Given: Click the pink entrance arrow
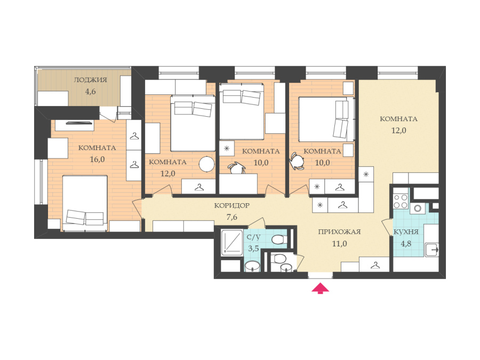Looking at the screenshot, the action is tap(320, 289).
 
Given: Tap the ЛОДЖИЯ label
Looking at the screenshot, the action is tap(90, 80).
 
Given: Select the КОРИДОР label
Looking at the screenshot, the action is tap(232, 206).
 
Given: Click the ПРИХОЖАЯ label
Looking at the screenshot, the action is tap(339, 232).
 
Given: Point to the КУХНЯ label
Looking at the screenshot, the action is tap(406, 232).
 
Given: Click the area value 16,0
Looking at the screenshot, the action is tap(98, 159).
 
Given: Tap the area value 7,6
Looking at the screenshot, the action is tap(232, 218).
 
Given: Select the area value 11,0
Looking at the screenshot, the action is tap(340, 244).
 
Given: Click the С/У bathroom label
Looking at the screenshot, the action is tap(253, 237).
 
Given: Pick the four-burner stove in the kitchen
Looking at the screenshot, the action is tap(401, 201).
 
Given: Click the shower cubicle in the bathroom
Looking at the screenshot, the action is tap(232, 242).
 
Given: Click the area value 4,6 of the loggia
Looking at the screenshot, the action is tap(91, 92).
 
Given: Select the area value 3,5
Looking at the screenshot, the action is tap(253, 248).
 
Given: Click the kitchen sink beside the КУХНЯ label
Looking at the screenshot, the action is tap(431, 250).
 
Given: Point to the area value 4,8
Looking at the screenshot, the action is tap(406, 244).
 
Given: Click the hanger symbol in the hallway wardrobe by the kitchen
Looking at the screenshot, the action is tap(375, 265).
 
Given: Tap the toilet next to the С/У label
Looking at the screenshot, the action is tap(279, 239).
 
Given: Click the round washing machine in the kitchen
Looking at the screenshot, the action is tap(418, 209).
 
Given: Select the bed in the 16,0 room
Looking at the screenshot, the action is tap(85, 203).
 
